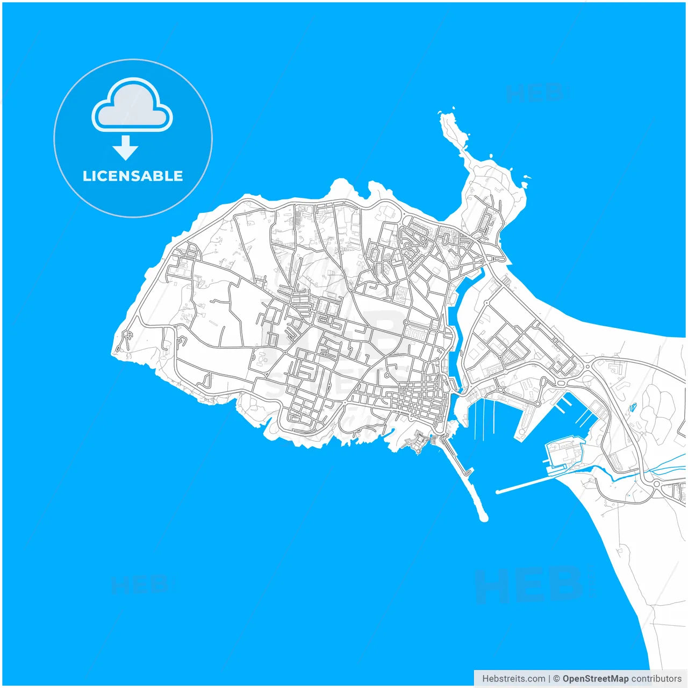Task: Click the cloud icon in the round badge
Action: pos(132,106)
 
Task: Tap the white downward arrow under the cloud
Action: pos(126,148)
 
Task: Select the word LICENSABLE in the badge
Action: pos(133,176)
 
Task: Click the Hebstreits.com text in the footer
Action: pos(513,679)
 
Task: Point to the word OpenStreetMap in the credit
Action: pos(595,679)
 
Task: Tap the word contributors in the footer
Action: pos(656,679)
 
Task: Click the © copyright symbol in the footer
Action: pos(556,679)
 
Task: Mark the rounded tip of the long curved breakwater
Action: pos(483,518)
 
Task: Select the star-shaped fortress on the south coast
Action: pos(414,442)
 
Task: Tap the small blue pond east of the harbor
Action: pos(633,407)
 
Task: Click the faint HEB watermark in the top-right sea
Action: pos(535,93)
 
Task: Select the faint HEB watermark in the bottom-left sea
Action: pos(140,585)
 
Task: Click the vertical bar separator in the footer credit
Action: pos(549,679)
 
